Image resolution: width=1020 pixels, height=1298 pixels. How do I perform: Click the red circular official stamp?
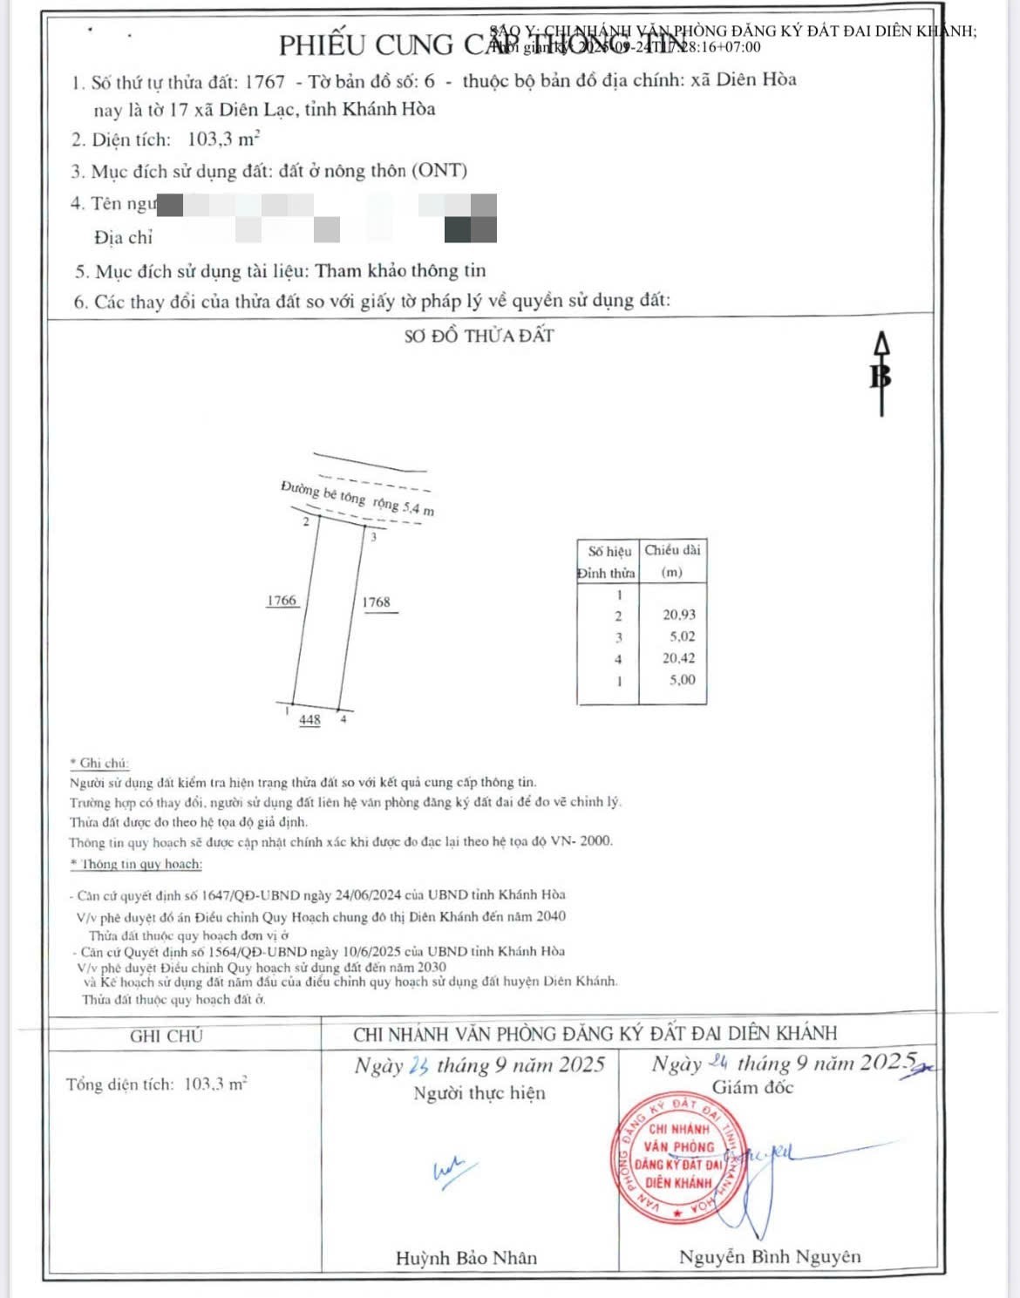680,1158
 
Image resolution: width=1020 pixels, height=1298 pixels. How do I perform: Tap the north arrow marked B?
881,373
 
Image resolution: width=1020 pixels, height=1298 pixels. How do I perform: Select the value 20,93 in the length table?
679,615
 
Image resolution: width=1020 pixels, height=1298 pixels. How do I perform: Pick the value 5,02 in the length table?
683,636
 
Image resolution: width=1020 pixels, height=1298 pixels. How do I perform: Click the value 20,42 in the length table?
679,658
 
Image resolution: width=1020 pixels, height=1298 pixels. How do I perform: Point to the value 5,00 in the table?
683,680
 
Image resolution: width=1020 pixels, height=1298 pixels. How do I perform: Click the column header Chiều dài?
672,550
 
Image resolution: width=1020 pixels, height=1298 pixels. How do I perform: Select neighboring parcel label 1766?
282,601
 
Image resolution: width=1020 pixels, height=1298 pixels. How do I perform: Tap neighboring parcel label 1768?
377,602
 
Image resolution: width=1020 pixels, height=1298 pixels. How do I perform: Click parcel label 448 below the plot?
309,720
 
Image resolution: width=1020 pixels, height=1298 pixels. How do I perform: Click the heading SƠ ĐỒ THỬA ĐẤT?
479,336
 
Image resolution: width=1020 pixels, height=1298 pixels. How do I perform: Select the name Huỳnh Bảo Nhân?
466,1258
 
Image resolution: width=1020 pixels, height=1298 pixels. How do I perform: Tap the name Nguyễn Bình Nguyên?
770,1257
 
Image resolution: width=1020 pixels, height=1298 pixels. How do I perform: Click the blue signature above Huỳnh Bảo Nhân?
453,1171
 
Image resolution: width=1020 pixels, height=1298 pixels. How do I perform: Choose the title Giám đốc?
752,1087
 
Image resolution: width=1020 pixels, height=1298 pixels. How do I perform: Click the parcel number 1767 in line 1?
265,82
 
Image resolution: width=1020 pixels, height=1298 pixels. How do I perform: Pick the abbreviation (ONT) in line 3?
440,171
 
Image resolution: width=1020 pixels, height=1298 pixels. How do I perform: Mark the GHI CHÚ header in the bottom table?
166,1036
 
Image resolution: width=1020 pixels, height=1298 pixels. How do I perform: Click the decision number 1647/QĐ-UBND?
250,895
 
